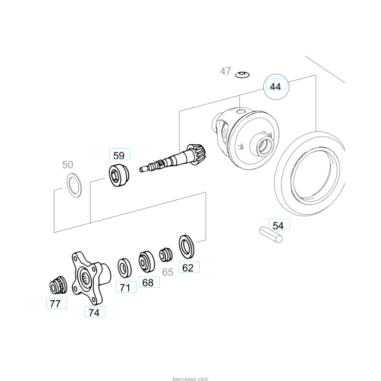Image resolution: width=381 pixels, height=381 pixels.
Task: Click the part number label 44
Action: (x=276, y=87)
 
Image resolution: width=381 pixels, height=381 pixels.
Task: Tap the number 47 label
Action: (x=225, y=71)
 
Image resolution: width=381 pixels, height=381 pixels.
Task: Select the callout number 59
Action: (x=119, y=155)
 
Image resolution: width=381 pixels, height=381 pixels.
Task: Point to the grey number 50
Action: (x=68, y=165)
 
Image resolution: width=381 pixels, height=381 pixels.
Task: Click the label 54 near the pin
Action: (x=278, y=225)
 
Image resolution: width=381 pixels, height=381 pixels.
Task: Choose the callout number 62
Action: (x=188, y=267)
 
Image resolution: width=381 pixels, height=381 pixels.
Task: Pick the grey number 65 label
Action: (x=168, y=273)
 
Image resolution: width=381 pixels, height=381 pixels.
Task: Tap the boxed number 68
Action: (x=148, y=282)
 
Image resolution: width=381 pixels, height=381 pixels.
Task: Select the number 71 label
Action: (x=125, y=288)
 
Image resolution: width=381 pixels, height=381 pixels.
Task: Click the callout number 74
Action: (x=94, y=312)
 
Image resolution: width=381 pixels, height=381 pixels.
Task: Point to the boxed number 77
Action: (x=56, y=304)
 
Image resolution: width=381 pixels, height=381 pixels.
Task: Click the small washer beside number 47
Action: (x=242, y=74)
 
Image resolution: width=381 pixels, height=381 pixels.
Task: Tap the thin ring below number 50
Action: (x=74, y=186)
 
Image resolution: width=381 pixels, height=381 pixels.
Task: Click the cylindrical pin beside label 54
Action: (x=271, y=234)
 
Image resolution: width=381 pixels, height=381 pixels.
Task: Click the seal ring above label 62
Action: (x=187, y=246)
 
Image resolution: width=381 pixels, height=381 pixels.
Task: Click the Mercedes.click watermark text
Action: (x=190, y=379)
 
